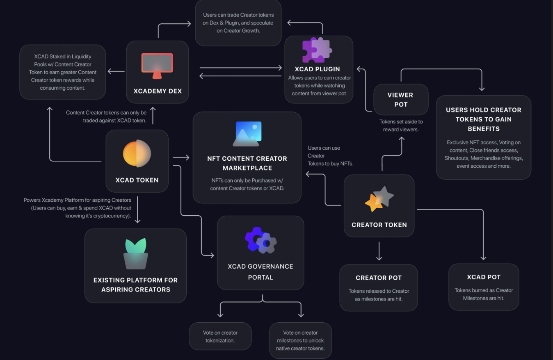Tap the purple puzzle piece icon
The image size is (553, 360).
[317, 50]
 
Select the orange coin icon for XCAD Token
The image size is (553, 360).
[137, 153]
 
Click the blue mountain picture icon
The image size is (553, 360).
[247, 134]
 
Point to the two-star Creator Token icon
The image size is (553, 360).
[379, 199]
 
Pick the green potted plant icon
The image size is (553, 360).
[135, 253]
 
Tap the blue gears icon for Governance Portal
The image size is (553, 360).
[261, 240]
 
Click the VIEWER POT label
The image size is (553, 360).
[400, 100]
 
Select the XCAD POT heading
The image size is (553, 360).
[484, 277]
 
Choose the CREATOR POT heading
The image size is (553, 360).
[379, 278]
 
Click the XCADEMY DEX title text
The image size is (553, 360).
[158, 91]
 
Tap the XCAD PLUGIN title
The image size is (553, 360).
[317, 69]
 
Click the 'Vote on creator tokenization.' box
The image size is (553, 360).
[220, 336]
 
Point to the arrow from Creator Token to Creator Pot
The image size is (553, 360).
[379, 251]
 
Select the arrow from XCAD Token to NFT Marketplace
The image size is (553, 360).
[181, 157]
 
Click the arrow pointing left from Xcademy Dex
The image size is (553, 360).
[116, 71]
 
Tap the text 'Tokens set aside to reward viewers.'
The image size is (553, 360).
[401, 125]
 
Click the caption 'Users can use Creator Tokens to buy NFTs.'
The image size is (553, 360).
[330, 156]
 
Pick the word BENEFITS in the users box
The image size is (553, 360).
[484, 129]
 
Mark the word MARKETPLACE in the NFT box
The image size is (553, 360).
[247, 168]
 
